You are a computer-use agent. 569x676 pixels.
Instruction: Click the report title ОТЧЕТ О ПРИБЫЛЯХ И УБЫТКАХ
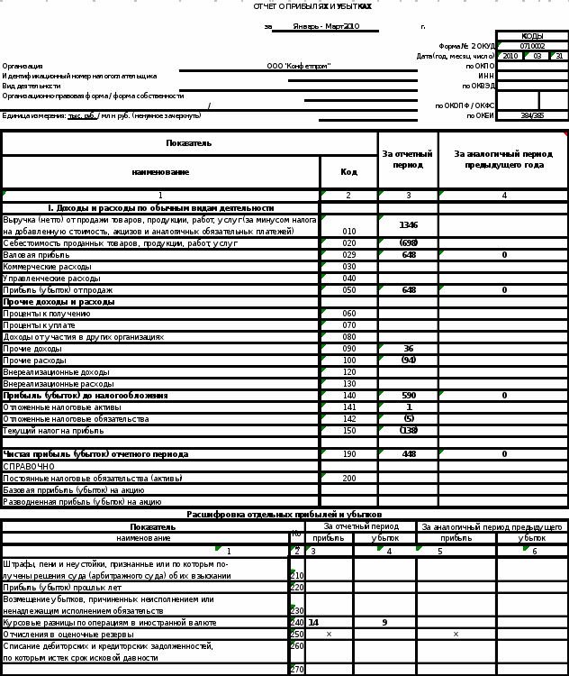coord(312,6)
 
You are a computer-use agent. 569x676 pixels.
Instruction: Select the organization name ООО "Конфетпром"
coord(299,66)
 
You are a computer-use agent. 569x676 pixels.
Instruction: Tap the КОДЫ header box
coord(532,36)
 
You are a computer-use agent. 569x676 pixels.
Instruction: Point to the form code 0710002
coord(532,46)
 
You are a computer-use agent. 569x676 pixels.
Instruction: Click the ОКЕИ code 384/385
coord(532,115)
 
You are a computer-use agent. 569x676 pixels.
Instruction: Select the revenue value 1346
coord(409,224)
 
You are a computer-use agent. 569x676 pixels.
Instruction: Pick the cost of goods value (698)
coord(409,243)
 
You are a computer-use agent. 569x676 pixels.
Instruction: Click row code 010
coord(349,232)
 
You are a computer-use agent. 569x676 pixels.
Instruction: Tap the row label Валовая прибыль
coord(30,255)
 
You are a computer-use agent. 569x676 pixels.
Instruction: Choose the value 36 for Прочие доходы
coord(409,348)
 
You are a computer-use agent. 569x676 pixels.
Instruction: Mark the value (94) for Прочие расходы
coord(409,360)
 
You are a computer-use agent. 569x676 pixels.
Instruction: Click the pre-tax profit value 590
coord(409,395)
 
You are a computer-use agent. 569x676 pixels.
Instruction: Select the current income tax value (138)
coord(409,430)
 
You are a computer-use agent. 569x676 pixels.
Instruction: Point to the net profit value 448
coord(409,454)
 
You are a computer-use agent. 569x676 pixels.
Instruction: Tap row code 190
coord(349,454)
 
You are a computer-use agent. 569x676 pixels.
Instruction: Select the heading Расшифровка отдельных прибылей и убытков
coord(284,514)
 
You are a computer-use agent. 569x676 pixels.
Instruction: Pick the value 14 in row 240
coord(313,622)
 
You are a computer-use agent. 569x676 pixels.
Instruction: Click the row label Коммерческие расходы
coord(47,267)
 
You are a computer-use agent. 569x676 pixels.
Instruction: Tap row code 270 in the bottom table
coord(296,670)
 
